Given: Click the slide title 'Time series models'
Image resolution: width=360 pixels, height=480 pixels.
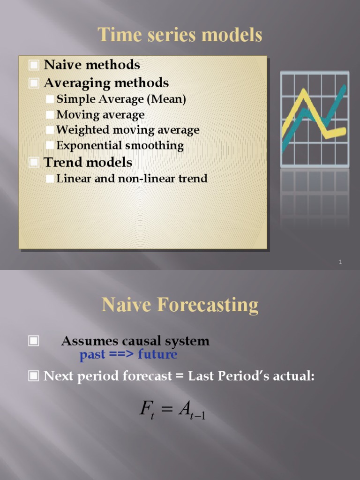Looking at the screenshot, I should [180, 35].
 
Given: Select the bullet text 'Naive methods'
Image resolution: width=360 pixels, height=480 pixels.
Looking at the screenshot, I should [91, 64].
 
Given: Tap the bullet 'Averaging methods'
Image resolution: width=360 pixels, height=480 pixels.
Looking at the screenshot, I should [106, 83].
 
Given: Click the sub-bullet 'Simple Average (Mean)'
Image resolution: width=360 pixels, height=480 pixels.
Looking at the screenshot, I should [121, 99].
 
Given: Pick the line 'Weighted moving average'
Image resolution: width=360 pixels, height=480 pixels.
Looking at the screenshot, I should [127, 130].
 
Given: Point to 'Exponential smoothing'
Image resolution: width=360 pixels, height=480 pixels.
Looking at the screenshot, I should [120, 145].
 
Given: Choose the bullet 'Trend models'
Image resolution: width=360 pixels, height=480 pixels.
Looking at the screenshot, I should [88, 162].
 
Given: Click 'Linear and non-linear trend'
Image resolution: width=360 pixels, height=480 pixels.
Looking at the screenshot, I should [132, 179].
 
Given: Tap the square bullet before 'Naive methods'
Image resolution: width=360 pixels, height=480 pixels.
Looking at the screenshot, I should [34, 65].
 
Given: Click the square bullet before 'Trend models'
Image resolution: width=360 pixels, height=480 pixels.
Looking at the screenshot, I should [34, 163].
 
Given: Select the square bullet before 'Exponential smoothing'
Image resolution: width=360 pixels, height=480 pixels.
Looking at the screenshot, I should [50, 146].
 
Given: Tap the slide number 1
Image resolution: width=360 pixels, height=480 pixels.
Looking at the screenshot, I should [340, 262].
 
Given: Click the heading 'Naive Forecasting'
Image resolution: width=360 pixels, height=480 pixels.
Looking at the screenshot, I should [180, 305].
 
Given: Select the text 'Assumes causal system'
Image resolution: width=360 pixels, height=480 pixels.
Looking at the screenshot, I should [135, 341].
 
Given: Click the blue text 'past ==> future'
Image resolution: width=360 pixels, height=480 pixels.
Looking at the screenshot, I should [128, 354].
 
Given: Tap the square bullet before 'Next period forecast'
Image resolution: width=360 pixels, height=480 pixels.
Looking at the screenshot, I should [34, 376].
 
